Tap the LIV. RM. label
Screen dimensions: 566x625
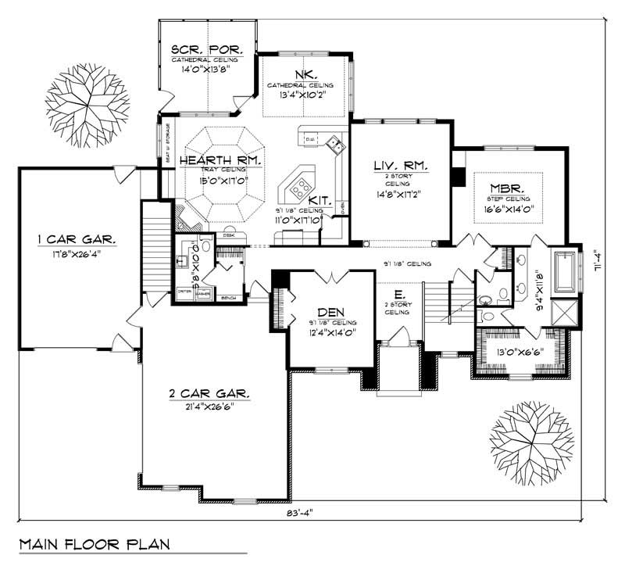pos(398,165)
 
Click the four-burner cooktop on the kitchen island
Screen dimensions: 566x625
pos(299,186)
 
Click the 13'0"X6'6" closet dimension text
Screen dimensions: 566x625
pos(520,352)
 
